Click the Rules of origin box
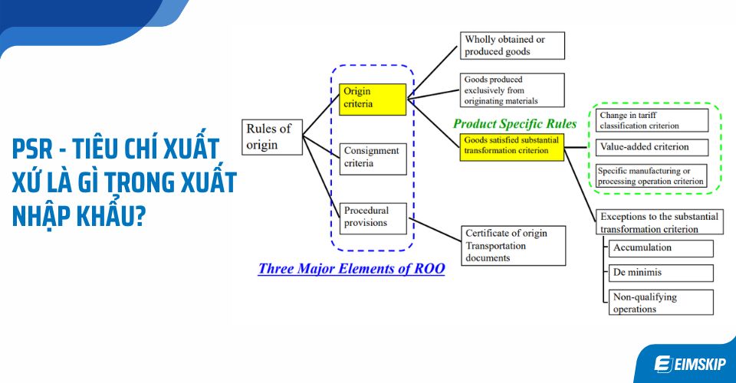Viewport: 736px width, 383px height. pos(272,136)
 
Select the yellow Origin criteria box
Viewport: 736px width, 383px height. pos(373,98)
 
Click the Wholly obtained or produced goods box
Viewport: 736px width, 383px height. pos(512,45)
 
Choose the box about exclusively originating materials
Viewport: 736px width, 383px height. pos(512,90)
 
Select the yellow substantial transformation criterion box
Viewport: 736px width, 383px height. pos(511,146)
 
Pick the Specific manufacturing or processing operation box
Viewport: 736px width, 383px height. pos(650,176)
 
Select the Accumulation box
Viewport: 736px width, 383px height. pos(660,248)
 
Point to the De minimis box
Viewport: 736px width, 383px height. pos(660,273)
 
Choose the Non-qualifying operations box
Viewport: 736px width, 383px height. pos(660,303)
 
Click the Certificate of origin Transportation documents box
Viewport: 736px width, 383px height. pos(514,245)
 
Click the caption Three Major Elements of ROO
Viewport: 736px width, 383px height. pos(351,269)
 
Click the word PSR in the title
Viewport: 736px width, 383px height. pos(38,148)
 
